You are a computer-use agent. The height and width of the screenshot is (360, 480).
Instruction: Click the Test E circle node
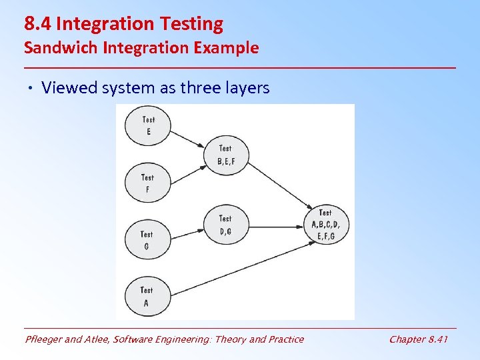click(x=148, y=126)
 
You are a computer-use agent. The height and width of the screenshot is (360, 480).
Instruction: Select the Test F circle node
click(x=147, y=183)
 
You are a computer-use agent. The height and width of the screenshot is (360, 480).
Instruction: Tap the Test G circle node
click(x=147, y=240)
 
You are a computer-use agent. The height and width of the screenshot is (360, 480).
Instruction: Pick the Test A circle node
click(x=147, y=296)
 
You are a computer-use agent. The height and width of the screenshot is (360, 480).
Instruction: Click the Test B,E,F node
click(x=226, y=155)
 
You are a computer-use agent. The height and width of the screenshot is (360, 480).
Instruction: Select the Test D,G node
click(x=225, y=225)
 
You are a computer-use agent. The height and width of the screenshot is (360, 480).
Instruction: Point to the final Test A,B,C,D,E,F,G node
click(x=325, y=225)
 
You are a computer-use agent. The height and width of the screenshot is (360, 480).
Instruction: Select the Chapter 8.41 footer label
click(x=418, y=339)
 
